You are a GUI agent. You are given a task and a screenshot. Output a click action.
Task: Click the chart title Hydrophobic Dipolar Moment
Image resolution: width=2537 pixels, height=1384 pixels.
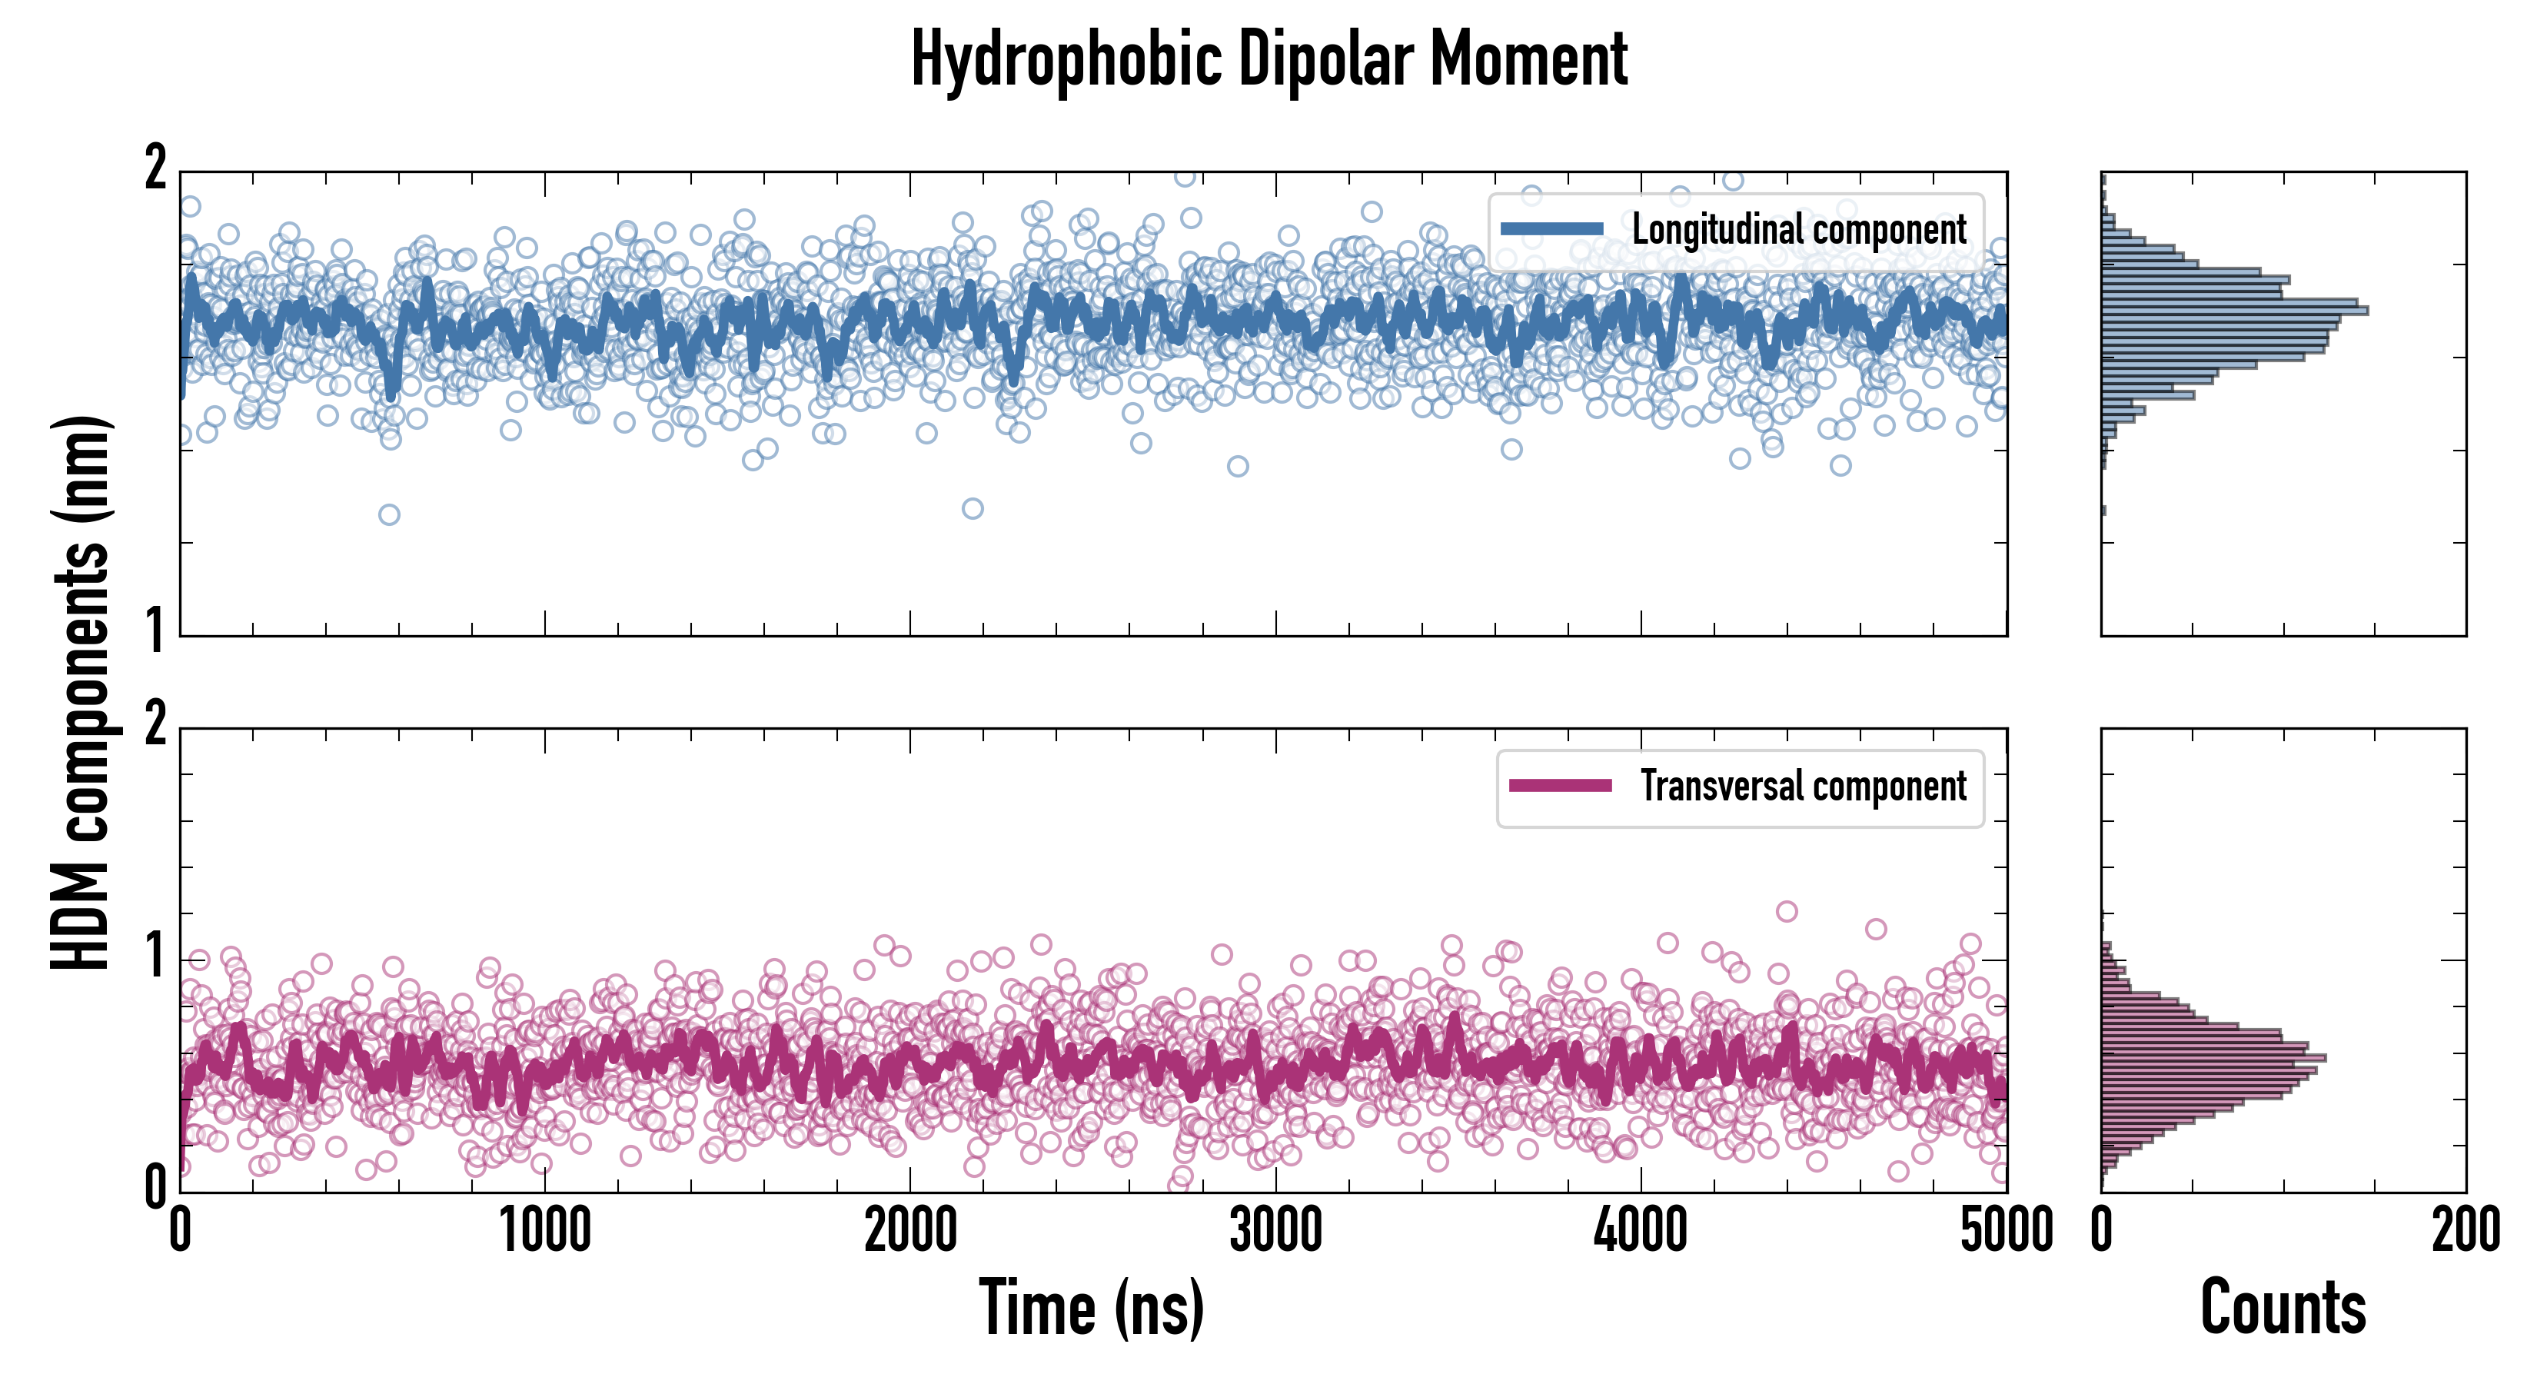[1268, 59]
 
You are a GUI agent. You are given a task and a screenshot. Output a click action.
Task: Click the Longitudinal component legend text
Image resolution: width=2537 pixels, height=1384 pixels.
[1798, 230]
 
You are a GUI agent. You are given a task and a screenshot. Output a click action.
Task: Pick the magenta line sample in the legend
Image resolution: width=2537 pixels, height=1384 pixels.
[1560, 786]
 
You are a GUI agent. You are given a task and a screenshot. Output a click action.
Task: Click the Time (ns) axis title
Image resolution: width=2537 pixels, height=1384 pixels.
[1091, 1308]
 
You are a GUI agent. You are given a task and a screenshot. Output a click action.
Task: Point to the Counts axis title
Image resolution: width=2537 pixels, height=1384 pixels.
[2283, 1308]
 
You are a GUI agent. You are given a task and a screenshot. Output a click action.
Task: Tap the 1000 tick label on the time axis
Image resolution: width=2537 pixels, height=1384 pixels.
[544, 1231]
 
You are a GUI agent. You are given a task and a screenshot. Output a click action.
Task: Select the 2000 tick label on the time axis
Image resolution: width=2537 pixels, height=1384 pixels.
[910, 1231]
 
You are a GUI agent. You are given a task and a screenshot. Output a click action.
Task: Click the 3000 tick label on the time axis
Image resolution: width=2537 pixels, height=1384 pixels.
[1275, 1231]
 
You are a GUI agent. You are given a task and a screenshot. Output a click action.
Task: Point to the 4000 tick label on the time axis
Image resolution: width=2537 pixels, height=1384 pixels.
[1641, 1231]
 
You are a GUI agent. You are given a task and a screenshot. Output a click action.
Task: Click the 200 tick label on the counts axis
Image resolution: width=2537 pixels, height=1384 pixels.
[2465, 1231]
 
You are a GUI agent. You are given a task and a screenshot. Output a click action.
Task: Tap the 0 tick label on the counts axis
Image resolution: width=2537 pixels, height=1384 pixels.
[2102, 1231]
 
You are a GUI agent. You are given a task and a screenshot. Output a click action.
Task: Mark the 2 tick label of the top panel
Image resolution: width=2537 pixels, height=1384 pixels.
[155, 169]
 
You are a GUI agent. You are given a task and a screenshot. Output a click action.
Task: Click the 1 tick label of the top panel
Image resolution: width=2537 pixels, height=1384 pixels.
[155, 630]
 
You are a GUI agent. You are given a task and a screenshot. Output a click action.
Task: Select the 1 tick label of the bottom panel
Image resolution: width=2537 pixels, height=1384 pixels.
[155, 956]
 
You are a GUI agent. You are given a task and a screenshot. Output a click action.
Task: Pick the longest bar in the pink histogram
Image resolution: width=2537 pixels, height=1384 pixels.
[2213, 1059]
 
